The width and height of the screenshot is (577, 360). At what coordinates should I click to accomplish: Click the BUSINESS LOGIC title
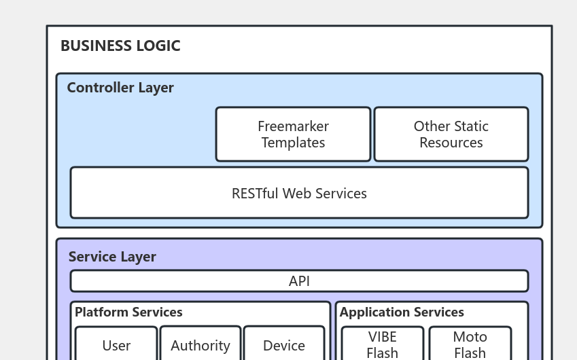pos(120,46)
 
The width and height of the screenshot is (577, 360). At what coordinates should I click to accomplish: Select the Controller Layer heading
pos(120,88)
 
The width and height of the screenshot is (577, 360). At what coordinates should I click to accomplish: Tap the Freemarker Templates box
pos(293,134)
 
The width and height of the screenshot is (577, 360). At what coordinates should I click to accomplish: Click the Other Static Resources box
pos(451,134)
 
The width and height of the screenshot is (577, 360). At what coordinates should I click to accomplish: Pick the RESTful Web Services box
pos(299,193)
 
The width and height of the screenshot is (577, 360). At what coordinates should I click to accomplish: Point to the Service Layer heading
pos(112,257)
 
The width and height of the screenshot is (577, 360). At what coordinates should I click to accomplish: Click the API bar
pos(299,281)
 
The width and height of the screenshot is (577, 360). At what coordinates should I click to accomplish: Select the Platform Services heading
pos(128,312)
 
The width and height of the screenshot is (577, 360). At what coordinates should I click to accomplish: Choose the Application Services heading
pos(402,312)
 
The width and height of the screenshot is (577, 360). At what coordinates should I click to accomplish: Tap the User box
pos(116,345)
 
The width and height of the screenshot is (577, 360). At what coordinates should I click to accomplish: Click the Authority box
pos(200,345)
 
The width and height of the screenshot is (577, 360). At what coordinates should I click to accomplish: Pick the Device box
pos(283,345)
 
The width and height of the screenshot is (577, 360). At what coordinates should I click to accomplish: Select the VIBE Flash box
pos(382,344)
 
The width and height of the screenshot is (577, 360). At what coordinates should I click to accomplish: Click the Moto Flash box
pos(470,344)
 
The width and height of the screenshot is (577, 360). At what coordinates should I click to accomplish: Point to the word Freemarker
pos(293,126)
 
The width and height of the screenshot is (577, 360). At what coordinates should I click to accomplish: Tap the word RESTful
pos(255,193)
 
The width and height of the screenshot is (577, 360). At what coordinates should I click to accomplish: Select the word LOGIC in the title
pos(157,46)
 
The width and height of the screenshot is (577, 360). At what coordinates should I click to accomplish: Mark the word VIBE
pos(382,337)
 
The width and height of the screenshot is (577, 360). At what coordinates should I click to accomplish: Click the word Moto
pos(470,337)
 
